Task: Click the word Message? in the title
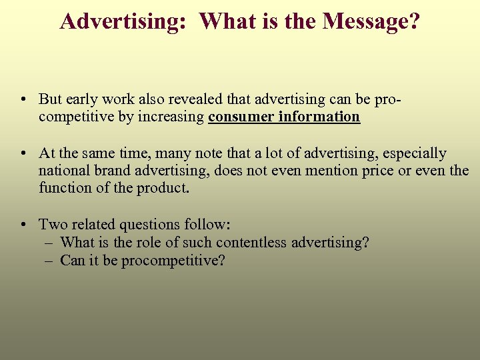(371, 21)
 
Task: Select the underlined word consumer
(241, 117)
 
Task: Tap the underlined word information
(319, 117)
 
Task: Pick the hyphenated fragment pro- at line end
(388, 99)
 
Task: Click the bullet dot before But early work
(23, 100)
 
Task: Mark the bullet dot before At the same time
(23, 154)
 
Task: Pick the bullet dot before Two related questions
(23, 225)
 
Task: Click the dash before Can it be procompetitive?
(49, 260)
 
